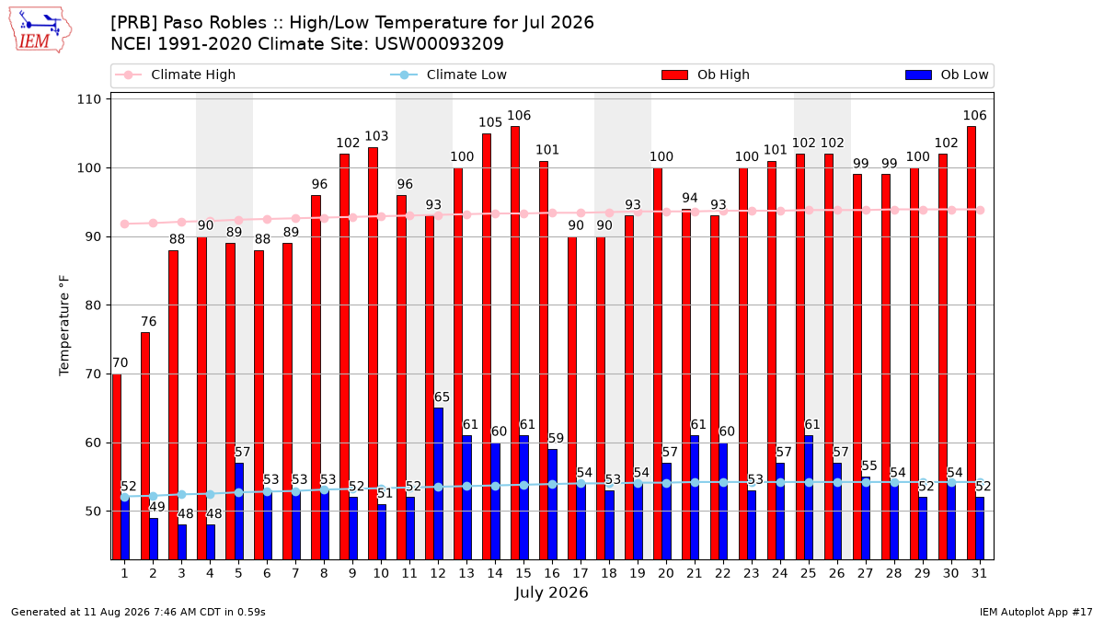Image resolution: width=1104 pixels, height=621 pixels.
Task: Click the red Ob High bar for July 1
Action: pos(117,466)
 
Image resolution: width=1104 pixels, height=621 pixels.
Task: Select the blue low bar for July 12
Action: pos(438,484)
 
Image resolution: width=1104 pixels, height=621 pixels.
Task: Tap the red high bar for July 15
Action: pos(515,343)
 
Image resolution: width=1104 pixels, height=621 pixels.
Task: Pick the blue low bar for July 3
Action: pos(182,542)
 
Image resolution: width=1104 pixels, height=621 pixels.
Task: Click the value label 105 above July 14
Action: pos(489,122)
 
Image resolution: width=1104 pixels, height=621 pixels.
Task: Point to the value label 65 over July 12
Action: pos(442,397)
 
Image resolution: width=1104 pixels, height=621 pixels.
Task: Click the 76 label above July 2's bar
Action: pos(148,321)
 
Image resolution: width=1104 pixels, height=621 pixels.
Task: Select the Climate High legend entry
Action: pos(175,75)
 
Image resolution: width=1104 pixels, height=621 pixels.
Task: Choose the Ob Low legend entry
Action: pos(947,75)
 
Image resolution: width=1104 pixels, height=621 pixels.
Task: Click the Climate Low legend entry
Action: pos(448,75)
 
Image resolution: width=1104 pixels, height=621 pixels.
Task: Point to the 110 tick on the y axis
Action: pos(88,99)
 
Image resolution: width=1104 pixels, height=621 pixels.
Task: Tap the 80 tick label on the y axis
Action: pos(93,305)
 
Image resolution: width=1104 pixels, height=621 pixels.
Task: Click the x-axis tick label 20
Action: pos(665,573)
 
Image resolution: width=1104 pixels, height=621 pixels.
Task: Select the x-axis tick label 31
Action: pos(979,573)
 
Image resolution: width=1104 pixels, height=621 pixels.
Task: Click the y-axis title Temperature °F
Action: pos(64,326)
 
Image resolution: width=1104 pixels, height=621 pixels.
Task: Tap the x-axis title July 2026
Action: pos(551,592)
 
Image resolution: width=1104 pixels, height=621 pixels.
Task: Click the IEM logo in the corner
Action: pos(40,30)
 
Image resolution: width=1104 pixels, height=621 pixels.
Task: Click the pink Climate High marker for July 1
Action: pos(125,224)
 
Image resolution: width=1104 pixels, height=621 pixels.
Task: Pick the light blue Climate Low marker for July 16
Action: pos(553,485)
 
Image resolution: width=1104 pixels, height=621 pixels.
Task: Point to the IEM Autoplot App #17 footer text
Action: pos(1036,612)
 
